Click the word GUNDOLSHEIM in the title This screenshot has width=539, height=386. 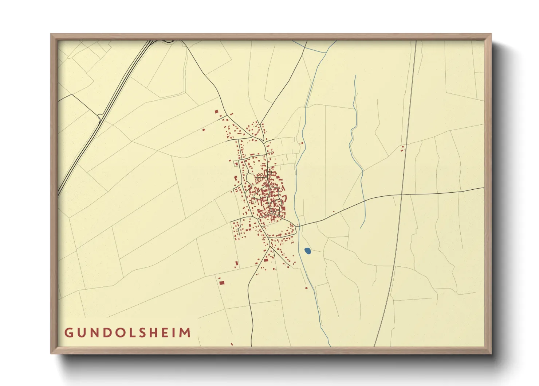[x=127, y=333]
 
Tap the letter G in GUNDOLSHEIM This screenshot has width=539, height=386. [x=68, y=333]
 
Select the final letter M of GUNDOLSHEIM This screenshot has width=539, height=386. [x=185, y=333]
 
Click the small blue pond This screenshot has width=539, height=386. [x=307, y=251]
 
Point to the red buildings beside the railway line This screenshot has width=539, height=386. [x=402, y=148]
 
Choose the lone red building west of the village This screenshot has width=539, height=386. [x=204, y=129]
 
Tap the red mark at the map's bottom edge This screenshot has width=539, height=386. [x=232, y=344]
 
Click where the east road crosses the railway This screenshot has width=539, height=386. [x=401, y=195]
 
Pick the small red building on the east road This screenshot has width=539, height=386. [x=334, y=212]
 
